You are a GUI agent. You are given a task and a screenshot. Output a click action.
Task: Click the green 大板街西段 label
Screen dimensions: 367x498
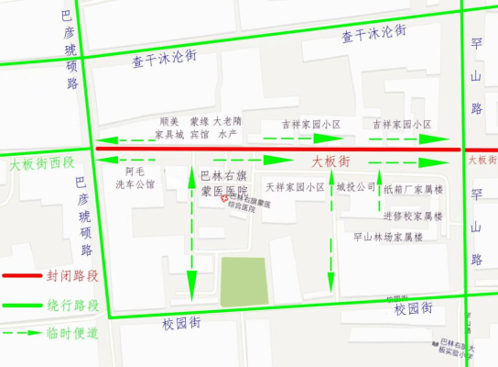(x=41, y=164)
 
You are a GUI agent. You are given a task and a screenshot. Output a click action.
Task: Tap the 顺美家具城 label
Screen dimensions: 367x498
(x=168, y=128)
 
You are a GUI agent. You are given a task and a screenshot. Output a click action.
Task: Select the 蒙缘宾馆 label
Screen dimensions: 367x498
(x=199, y=128)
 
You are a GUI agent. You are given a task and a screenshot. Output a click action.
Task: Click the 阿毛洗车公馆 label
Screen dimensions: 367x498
(x=135, y=178)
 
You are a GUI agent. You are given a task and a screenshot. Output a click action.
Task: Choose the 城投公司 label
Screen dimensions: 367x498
(x=356, y=186)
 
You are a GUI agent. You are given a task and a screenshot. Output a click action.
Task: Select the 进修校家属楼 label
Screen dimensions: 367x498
(x=413, y=217)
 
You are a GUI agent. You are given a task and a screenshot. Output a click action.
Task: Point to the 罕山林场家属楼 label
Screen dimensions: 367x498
(x=388, y=237)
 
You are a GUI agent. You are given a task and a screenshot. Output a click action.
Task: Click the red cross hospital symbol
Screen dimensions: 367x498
(x=232, y=204)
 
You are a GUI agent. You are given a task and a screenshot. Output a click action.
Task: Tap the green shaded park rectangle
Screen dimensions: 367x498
(x=244, y=281)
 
